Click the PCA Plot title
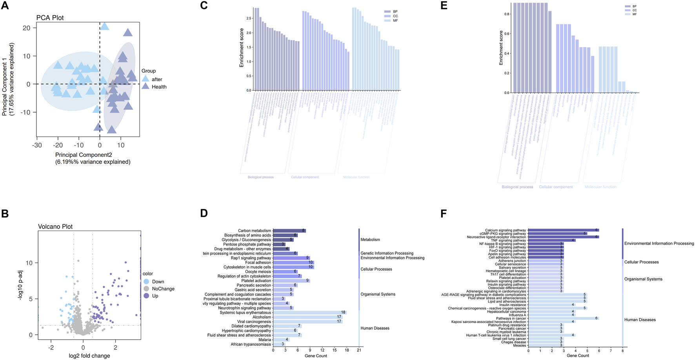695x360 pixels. point(50,18)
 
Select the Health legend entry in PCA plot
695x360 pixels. point(159,87)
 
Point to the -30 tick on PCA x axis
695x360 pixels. point(37,145)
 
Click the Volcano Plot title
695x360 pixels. point(55,227)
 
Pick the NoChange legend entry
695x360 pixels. point(163,289)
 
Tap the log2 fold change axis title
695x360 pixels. point(89,356)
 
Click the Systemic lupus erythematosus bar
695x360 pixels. point(309,313)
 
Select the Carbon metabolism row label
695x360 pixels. point(254,231)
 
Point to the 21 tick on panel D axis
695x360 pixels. point(359,350)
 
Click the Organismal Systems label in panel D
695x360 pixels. point(378,294)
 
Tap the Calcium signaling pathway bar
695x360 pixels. point(563,230)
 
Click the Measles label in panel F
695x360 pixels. point(520,345)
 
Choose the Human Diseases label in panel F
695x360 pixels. point(640,320)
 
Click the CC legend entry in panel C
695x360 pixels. point(395,16)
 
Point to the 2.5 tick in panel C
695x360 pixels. point(249,18)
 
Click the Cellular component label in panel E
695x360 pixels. point(555,187)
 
